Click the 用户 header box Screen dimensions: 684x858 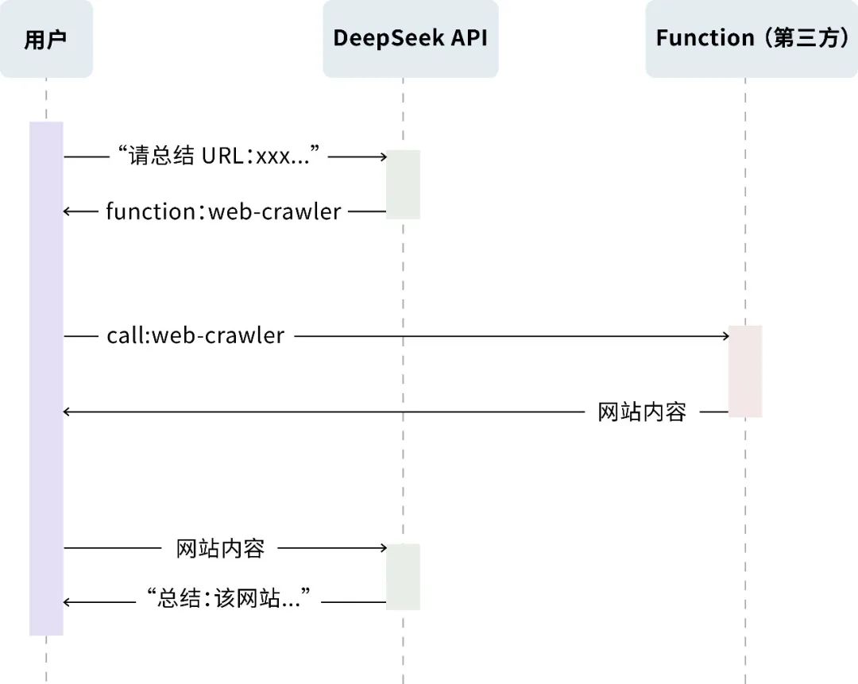pyautogui.click(x=45, y=39)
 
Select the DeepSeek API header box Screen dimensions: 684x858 pyautogui.click(x=410, y=39)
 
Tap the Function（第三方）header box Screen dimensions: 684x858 pyautogui.click(x=752, y=39)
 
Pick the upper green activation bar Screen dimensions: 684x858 pyautogui.click(x=403, y=184)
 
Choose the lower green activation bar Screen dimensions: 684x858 pyautogui.click(x=403, y=577)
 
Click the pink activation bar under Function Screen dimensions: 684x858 pyautogui.click(x=745, y=371)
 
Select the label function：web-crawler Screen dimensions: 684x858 pyautogui.click(x=223, y=211)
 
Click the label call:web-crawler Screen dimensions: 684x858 pyautogui.click(x=195, y=336)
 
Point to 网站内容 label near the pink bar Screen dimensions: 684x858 pyautogui.click(x=642, y=412)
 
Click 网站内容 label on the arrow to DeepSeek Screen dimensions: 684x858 pyautogui.click(x=220, y=547)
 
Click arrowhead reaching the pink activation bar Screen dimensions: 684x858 pyautogui.click(x=725, y=337)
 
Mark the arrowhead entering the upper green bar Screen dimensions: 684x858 pyautogui.click(x=382, y=157)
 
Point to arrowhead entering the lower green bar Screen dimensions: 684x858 pyautogui.click(x=382, y=548)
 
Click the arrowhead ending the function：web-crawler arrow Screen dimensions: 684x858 pyautogui.click(x=68, y=211)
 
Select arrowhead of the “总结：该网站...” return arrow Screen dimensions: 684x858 pyautogui.click(x=68, y=602)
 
